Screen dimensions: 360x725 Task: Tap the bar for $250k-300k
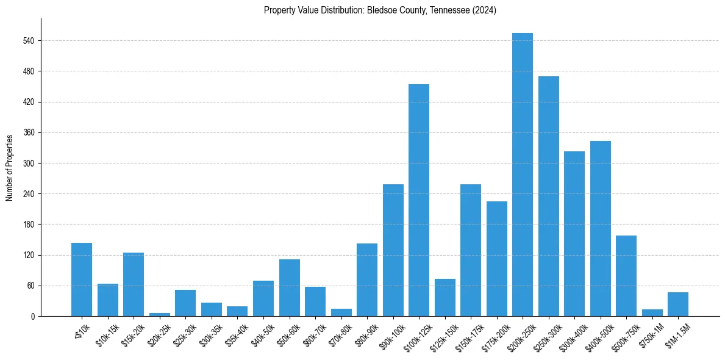click(x=548, y=196)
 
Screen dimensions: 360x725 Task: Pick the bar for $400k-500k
click(x=600, y=228)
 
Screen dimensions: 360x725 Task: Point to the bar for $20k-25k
click(x=160, y=314)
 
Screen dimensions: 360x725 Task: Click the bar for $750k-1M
click(x=652, y=312)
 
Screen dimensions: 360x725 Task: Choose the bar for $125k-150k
click(x=445, y=297)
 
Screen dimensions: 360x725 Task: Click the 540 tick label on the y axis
click(x=28, y=41)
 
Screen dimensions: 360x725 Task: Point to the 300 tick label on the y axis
click(x=28, y=164)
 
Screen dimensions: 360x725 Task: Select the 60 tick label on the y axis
click(x=30, y=286)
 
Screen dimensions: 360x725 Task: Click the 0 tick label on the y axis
click(x=32, y=316)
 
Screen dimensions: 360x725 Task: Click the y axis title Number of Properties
click(x=9, y=167)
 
